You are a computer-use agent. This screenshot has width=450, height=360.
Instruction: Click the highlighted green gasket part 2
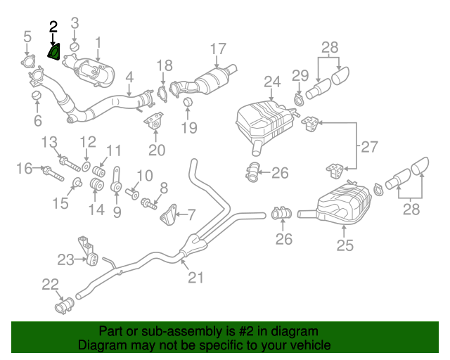(53, 51)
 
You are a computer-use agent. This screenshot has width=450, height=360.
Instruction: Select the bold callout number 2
(53, 27)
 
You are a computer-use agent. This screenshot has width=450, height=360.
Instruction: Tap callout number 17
(219, 49)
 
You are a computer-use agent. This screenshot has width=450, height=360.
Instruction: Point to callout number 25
(345, 245)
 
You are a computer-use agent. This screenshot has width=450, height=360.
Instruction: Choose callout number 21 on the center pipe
(195, 277)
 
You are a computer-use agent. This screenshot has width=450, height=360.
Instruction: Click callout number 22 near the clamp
(50, 284)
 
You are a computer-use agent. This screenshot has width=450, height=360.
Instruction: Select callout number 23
(65, 260)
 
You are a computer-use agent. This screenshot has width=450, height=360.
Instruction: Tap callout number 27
(369, 147)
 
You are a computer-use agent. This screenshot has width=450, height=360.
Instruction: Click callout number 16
(25, 168)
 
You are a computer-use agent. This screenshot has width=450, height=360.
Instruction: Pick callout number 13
(49, 143)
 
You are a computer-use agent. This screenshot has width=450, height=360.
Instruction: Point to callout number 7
(191, 213)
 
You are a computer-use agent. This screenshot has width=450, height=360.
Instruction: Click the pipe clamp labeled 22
(65, 307)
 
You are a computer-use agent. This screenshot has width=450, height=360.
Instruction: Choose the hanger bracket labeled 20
(155, 122)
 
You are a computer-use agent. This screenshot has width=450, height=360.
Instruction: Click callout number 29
(300, 75)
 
